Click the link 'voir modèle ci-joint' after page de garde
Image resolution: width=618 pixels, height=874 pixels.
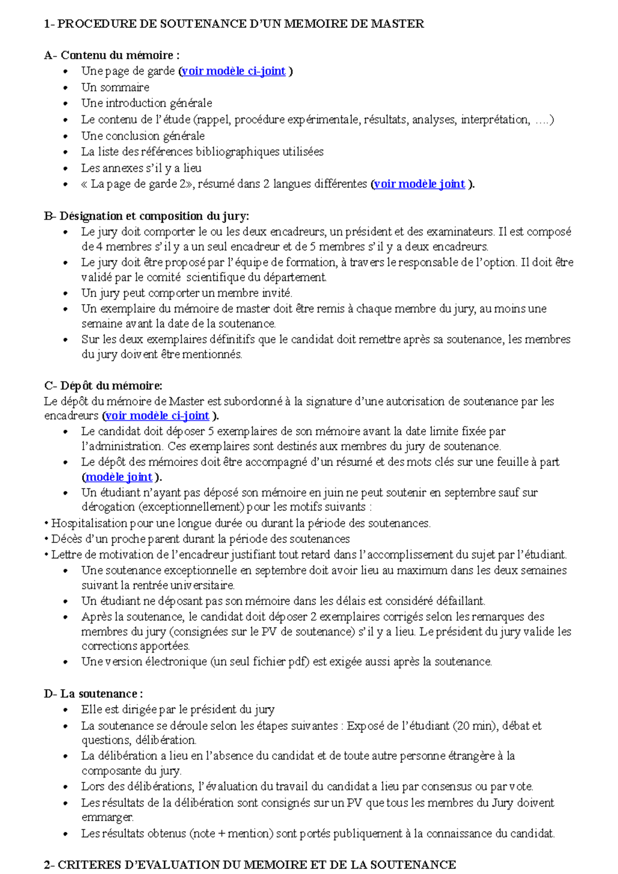233,71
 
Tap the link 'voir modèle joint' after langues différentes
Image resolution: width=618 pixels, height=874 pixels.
419,184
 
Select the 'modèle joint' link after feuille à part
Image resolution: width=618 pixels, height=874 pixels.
118,477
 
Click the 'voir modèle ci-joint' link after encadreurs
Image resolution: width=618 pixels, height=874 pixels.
157,416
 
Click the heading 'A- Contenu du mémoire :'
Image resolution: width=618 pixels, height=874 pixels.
112,55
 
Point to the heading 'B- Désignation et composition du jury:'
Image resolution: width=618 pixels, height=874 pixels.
147,216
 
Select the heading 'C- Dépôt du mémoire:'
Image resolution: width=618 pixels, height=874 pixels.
103,386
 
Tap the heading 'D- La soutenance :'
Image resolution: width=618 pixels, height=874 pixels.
93,693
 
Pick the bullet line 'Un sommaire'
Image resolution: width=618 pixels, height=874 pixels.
115,88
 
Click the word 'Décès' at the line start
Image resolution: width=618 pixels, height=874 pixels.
65,539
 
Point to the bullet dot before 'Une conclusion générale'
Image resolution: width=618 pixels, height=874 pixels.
65,136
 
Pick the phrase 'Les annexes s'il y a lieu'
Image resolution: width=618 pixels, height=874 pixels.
141,168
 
